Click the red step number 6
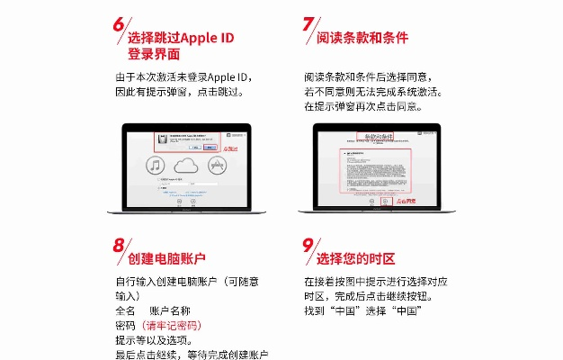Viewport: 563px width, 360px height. [118, 24]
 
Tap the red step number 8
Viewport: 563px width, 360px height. [118, 245]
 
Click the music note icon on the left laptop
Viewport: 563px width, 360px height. [155, 166]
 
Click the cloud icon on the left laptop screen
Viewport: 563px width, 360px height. [185, 166]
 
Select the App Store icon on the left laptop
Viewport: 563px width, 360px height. [216, 166]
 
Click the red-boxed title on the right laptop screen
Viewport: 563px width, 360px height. [375, 137]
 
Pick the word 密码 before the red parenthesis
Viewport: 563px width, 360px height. [125, 325]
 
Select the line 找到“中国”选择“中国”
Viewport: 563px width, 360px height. [363, 310]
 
